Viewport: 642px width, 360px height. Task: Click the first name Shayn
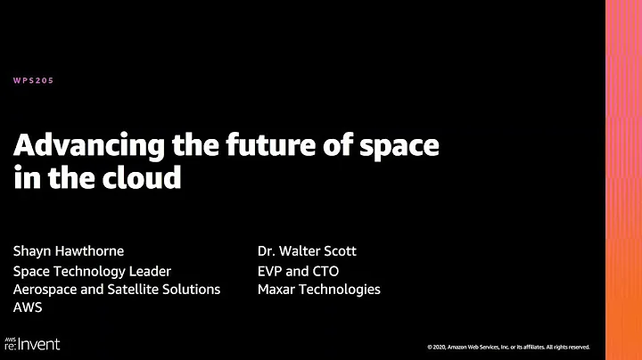33,252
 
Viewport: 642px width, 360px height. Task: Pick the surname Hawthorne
94,252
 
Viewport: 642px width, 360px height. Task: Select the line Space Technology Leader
92,271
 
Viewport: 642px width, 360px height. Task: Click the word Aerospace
46,289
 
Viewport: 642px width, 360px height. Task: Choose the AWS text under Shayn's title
28,307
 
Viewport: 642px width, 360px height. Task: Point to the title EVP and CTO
298,271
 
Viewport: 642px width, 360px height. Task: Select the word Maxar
277,289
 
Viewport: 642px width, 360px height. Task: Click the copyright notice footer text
507,347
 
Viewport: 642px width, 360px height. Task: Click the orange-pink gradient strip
623,178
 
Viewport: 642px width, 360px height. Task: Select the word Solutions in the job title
193,289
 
